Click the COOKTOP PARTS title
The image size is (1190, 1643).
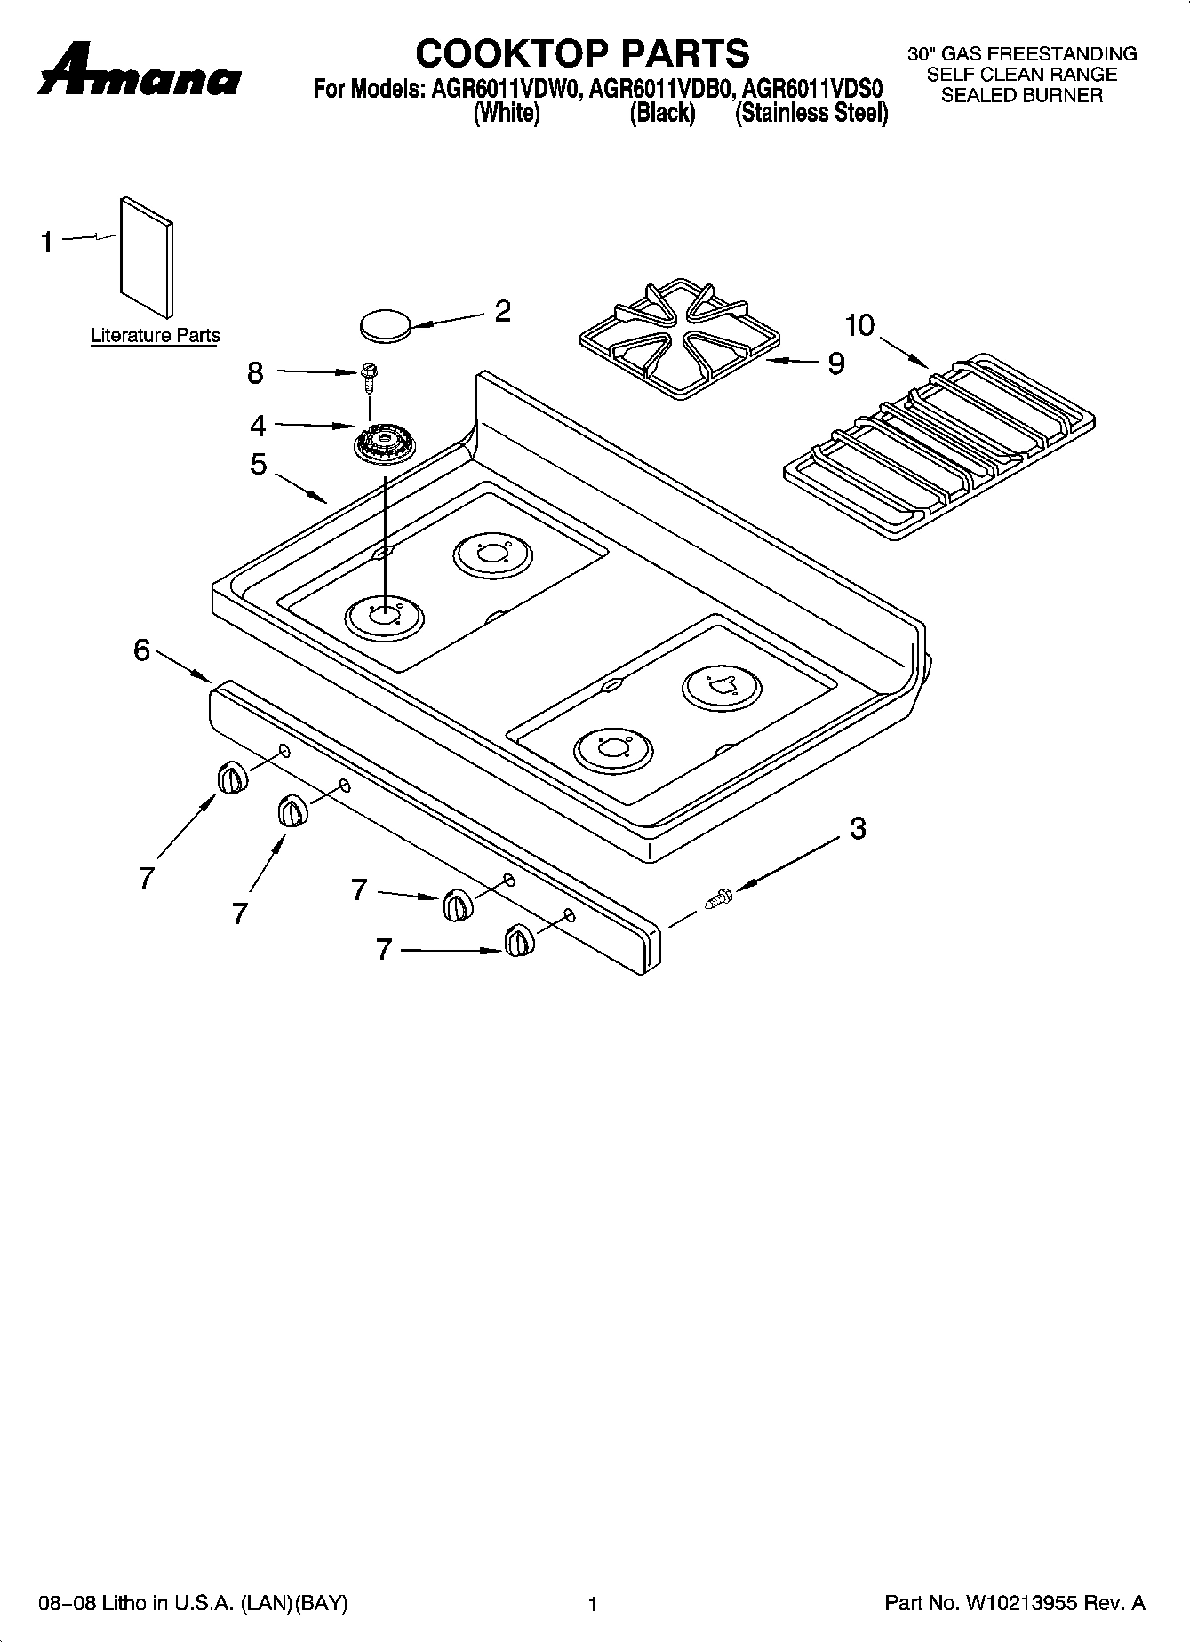click(x=582, y=53)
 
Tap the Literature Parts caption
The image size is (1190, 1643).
click(x=155, y=336)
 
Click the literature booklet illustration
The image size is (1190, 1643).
click(x=147, y=256)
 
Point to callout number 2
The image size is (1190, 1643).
click(x=502, y=311)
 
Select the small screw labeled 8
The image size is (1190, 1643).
click(x=367, y=377)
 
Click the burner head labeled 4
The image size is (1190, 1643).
click(x=384, y=441)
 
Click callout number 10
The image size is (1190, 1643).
click(x=859, y=326)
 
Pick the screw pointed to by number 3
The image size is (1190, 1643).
click(x=717, y=899)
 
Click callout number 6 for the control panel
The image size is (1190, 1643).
click(x=142, y=650)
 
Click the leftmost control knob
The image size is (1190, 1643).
click(x=230, y=778)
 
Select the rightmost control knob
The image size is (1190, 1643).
click(x=518, y=941)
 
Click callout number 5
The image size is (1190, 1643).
click(x=258, y=464)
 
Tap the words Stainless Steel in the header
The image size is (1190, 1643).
click(x=811, y=113)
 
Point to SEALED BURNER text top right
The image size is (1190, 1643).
click(x=1021, y=96)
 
